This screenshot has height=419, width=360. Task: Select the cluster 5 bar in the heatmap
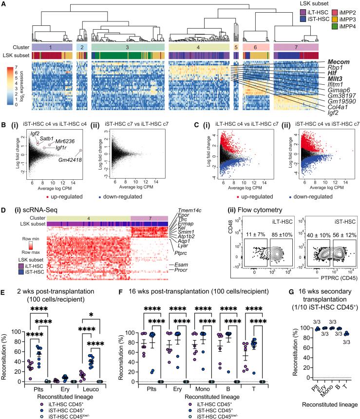[236, 47]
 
